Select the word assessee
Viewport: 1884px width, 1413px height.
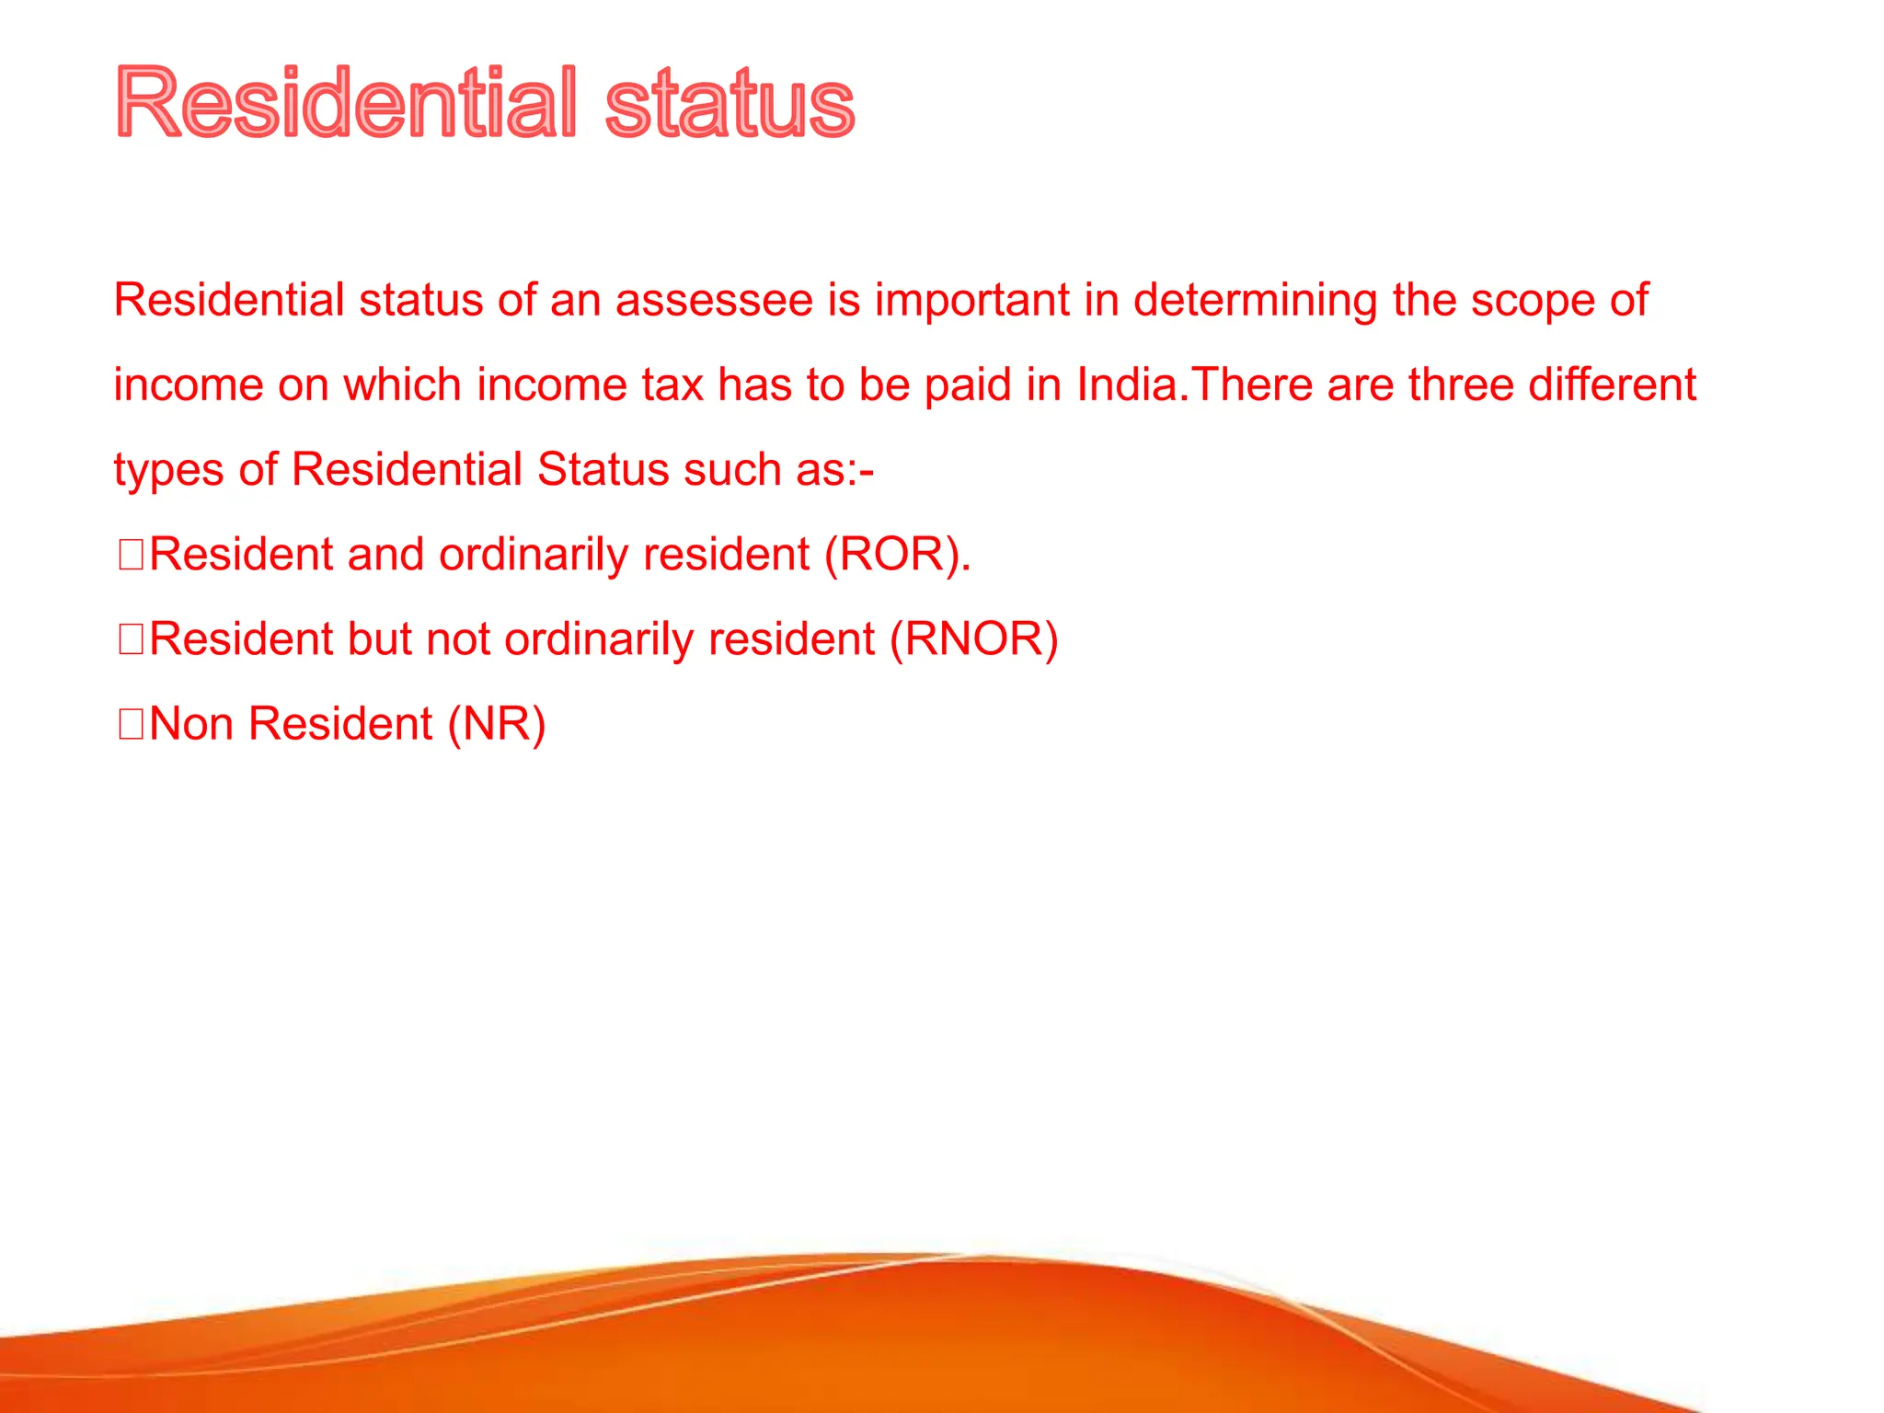click(x=714, y=300)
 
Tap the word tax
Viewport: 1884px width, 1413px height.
click(x=672, y=385)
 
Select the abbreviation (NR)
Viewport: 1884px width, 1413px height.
click(x=497, y=724)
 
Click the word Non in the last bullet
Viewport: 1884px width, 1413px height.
click(x=191, y=724)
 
